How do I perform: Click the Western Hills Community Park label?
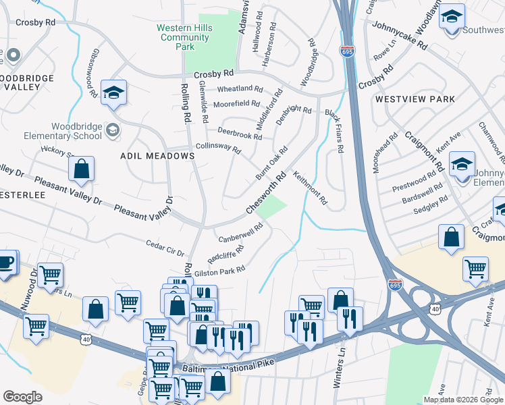tap(184, 37)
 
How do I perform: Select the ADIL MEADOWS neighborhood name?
tap(157, 156)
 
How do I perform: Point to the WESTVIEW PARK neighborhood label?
tap(415, 99)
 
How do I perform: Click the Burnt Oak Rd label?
tap(271, 162)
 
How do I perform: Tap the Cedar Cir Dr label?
tap(165, 248)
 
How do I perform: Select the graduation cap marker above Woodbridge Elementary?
tap(114, 92)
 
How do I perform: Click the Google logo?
tap(22, 397)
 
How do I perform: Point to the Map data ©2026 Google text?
tap(463, 400)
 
